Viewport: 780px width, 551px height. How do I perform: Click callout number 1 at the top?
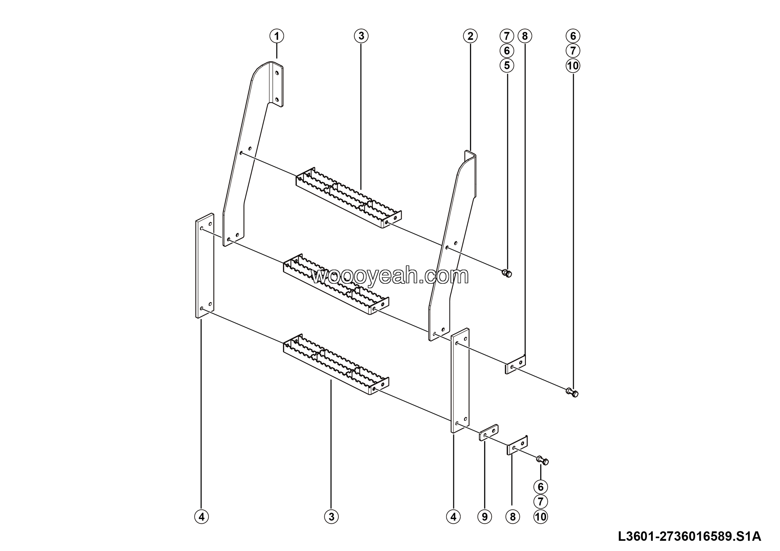(277, 36)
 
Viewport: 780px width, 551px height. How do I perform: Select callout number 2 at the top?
(470, 36)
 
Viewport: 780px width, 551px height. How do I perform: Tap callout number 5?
(507, 65)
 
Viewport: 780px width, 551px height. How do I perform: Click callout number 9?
(484, 517)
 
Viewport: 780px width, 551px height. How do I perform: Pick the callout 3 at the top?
(361, 36)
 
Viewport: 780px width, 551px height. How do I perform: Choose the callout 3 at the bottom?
(331, 517)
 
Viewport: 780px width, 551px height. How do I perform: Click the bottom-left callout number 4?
(201, 517)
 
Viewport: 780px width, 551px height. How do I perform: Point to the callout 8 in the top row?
(525, 36)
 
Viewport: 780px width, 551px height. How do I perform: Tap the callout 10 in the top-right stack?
(573, 65)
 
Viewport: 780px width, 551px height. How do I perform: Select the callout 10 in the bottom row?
(541, 517)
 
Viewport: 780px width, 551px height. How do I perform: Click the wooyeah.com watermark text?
(390, 276)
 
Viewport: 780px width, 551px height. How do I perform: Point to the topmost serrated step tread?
(349, 197)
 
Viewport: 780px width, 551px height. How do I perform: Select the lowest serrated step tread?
(336, 364)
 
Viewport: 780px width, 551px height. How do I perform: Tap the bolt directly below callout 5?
(506, 273)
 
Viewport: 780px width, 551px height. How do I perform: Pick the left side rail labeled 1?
(253, 154)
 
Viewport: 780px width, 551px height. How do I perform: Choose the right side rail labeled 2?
(452, 246)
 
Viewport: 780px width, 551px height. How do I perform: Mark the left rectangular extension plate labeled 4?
(205, 266)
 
